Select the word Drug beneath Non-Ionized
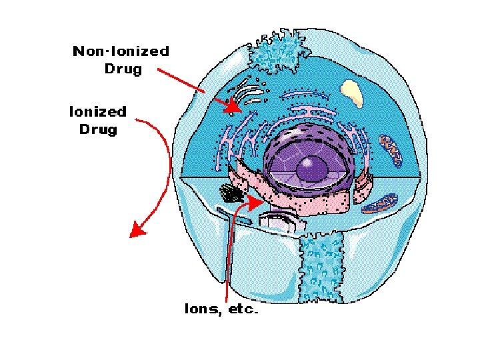[123, 69]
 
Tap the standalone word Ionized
[97, 111]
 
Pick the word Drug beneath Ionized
[98, 129]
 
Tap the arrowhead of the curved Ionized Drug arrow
[137, 231]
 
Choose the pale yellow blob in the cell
[351, 93]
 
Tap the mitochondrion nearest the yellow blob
[392, 151]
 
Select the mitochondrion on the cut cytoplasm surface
[379, 202]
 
